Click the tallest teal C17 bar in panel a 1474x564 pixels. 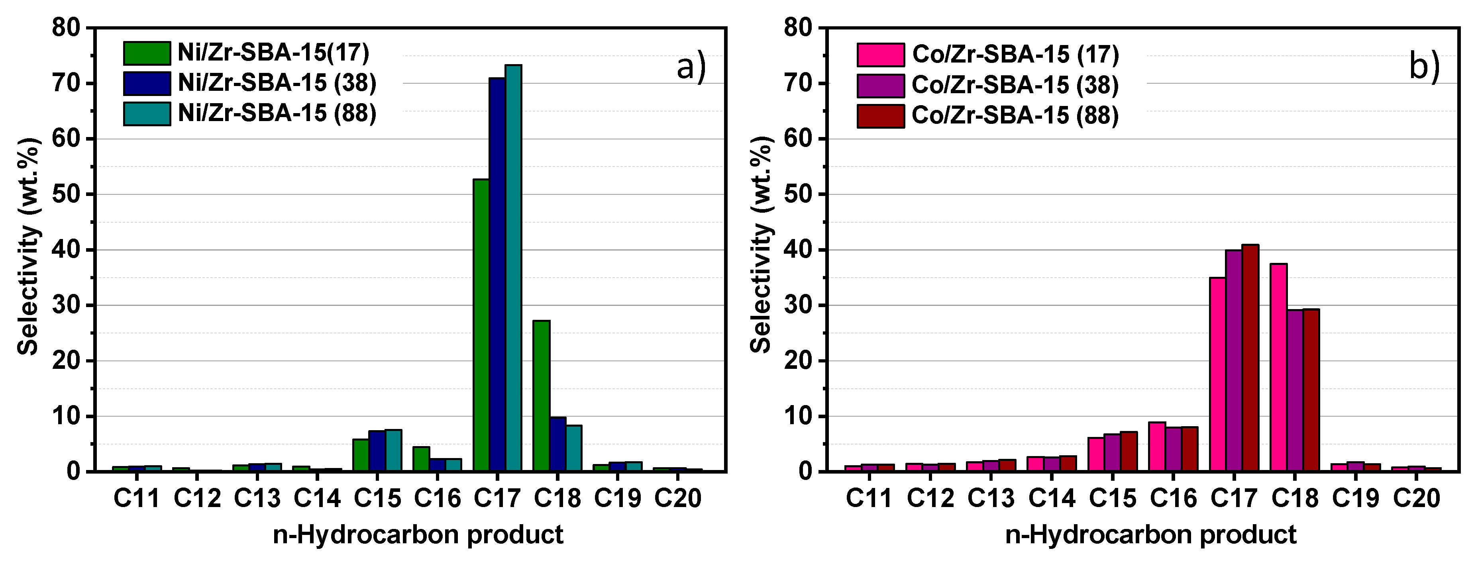(513, 269)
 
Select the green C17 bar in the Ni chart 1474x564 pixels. (481, 326)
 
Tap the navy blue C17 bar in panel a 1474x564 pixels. (497, 274)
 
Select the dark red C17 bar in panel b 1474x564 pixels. (1250, 358)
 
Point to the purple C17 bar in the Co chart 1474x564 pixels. (1234, 361)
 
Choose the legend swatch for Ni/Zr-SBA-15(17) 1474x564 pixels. (147, 53)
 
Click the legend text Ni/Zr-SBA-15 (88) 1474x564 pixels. (277, 113)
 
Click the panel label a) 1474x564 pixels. (691, 67)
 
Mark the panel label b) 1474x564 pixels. (1424, 67)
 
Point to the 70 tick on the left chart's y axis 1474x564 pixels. (67, 84)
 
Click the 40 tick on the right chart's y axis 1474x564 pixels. (799, 250)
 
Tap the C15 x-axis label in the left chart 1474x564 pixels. (377, 499)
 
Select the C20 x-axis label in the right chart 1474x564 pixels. (1416, 499)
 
